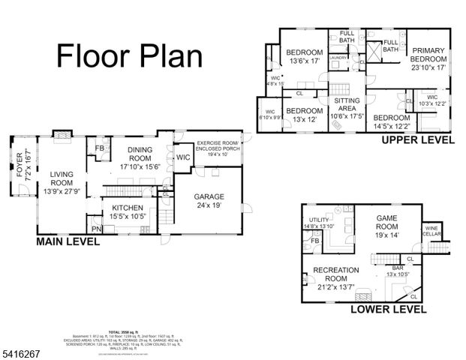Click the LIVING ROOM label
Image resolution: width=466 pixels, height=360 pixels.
click(x=62, y=178)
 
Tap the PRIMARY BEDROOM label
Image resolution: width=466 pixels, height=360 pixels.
click(x=427, y=57)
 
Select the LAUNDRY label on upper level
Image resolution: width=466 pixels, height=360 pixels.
click(x=337, y=57)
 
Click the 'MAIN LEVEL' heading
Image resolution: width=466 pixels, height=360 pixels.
click(x=68, y=242)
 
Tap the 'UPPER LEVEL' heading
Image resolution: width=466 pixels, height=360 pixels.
click(x=417, y=139)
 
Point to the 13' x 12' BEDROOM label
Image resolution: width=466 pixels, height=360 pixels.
click(x=304, y=114)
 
